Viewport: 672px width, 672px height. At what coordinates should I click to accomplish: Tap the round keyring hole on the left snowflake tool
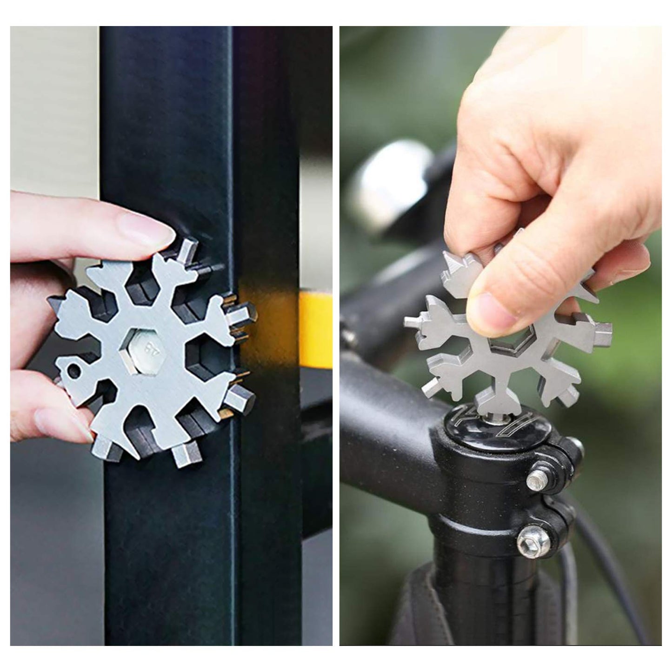(x=73, y=371)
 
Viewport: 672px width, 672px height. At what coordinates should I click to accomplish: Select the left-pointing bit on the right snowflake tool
(x=413, y=321)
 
